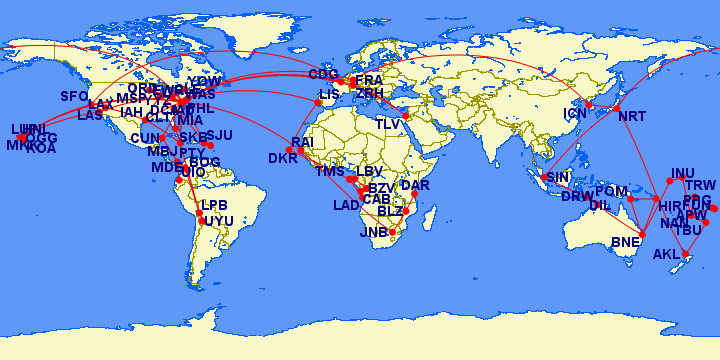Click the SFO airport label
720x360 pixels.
[x=75, y=97]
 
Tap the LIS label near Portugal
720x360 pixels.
[x=330, y=94]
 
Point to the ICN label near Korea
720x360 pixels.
[x=575, y=114]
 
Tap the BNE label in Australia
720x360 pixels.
[x=625, y=242]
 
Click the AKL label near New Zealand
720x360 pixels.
[x=666, y=254]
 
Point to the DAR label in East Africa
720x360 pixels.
[x=414, y=185]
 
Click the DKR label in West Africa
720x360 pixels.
[x=283, y=158]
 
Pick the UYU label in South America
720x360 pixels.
[x=218, y=220]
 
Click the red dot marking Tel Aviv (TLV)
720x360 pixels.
[x=406, y=115]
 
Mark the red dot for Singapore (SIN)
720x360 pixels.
[x=543, y=178]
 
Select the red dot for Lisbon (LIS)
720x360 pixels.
[x=319, y=102]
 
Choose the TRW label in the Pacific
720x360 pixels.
[x=701, y=185]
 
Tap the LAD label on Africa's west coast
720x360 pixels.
[x=347, y=206]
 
